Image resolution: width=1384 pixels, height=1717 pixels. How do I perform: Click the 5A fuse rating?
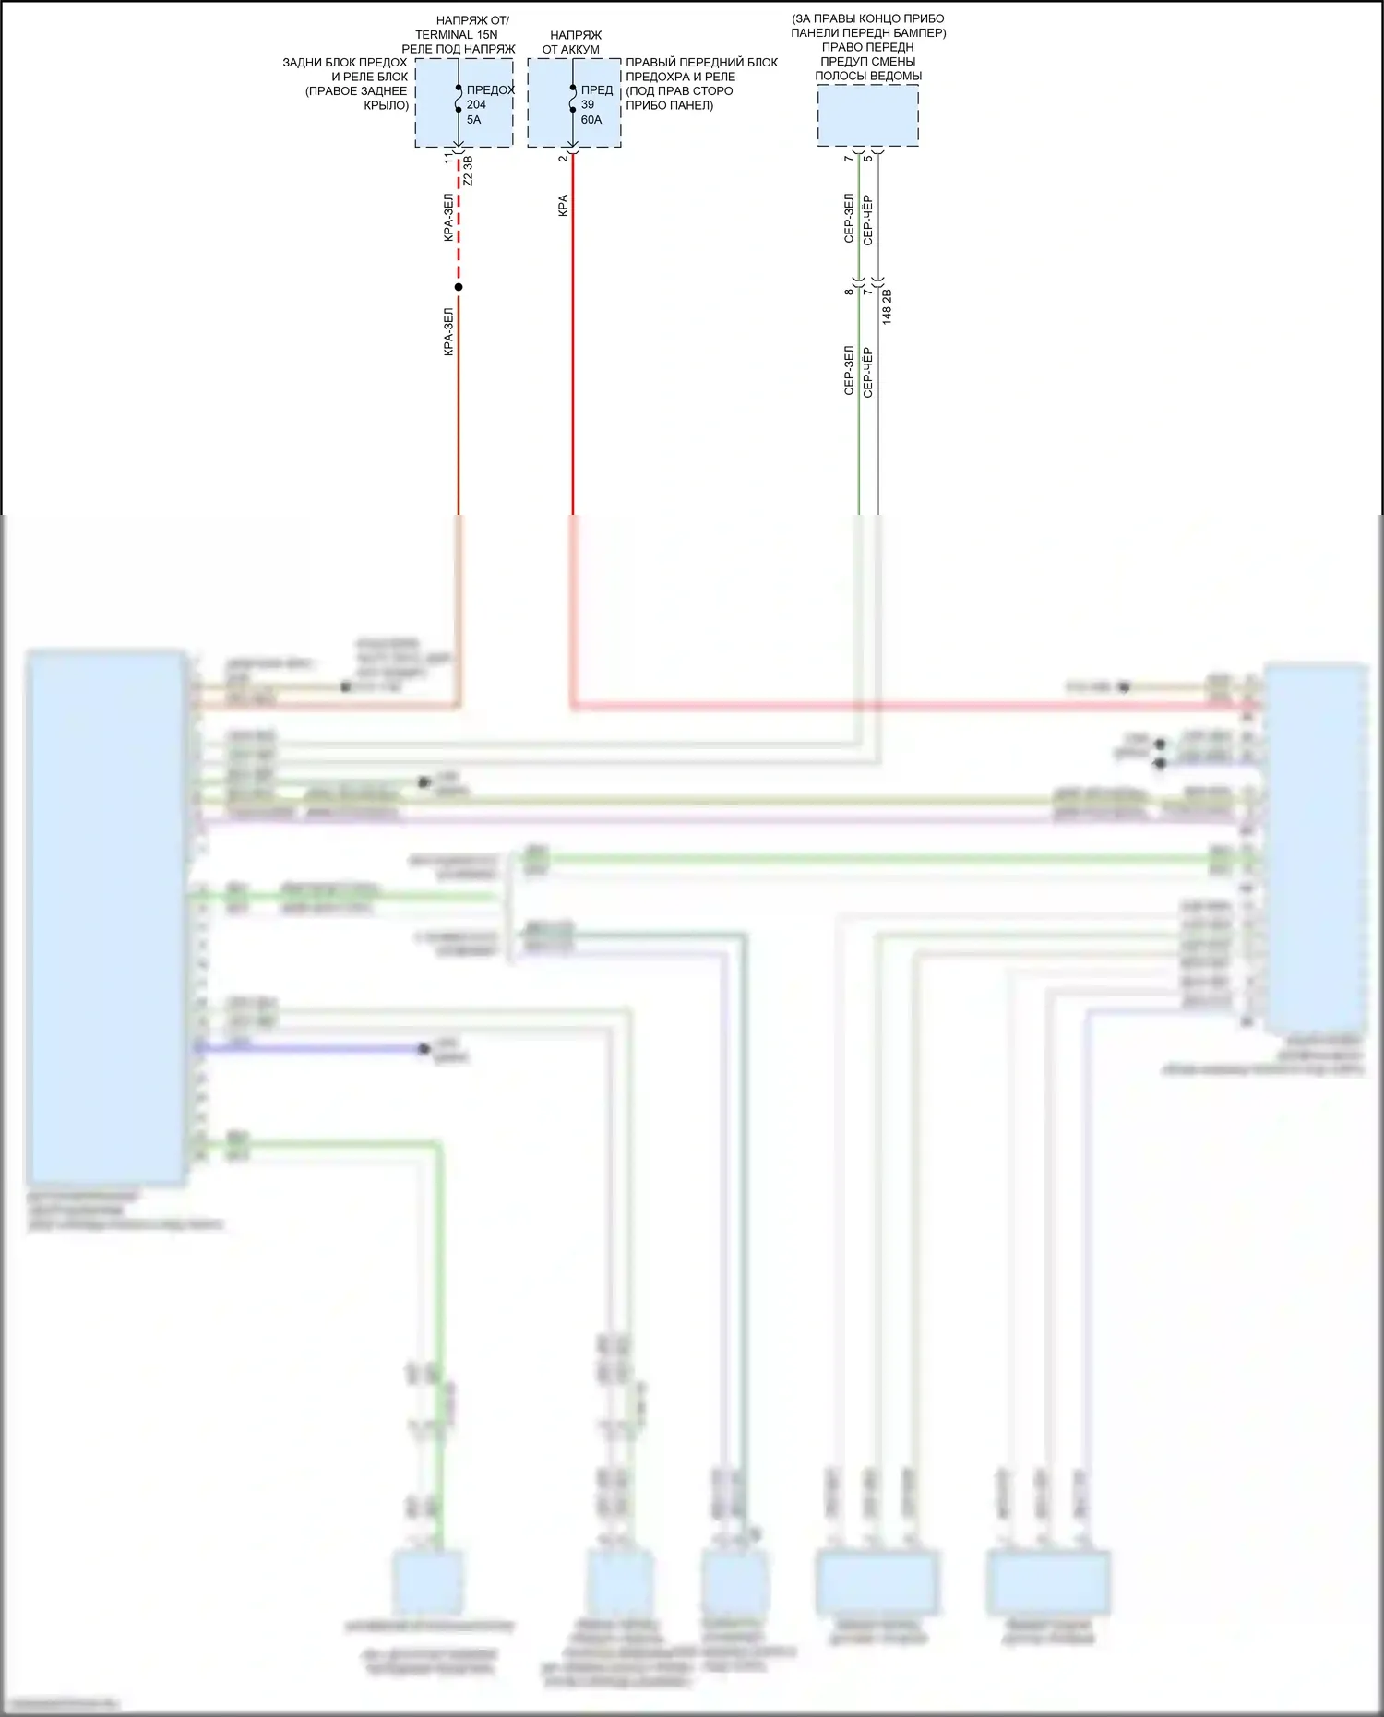473,120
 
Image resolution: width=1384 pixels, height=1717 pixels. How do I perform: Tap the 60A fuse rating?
591,120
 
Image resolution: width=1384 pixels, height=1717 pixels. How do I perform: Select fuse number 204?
476,105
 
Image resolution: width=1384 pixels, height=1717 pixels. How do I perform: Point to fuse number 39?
588,105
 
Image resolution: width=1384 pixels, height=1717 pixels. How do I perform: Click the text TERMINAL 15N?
456,35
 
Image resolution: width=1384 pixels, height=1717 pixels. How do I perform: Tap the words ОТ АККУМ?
570,50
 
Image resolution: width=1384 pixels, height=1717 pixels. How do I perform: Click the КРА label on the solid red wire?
563,206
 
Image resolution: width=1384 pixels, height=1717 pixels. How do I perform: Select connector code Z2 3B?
468,172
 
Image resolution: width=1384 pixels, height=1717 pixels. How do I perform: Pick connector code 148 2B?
887,306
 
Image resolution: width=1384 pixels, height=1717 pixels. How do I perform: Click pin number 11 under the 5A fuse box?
449,159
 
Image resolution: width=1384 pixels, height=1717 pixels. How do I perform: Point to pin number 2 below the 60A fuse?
563,159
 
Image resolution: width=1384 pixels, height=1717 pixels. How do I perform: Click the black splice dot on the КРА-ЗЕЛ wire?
459,287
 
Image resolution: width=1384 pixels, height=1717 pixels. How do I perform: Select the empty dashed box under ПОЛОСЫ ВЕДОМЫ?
867,115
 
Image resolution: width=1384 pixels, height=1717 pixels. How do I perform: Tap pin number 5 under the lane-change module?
867,159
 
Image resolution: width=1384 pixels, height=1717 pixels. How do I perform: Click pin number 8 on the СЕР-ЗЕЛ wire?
849,292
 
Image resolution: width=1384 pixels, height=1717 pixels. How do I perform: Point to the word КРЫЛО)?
386,106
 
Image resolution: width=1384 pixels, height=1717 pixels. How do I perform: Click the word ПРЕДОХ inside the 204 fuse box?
490,90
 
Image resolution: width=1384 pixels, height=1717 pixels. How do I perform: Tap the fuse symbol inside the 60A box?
573,100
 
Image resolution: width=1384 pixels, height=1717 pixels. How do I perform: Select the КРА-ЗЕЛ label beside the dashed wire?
448,218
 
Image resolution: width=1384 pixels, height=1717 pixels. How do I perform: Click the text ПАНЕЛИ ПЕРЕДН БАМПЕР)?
868,33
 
